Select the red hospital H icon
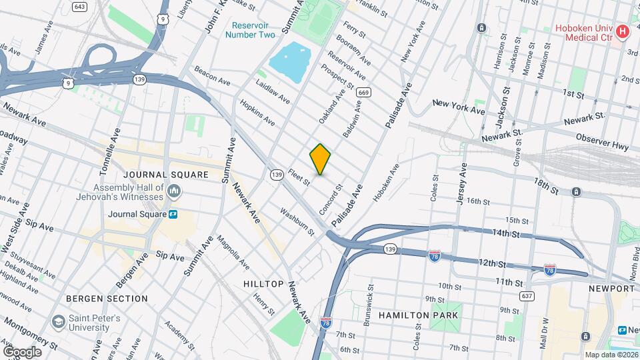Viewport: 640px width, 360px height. pos(621,32)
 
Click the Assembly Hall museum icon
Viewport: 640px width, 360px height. pos(174,193)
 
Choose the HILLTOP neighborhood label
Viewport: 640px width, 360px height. pos(263,284)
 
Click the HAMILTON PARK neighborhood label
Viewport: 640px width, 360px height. pos(418,315)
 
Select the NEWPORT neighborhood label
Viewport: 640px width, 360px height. pos(611,289)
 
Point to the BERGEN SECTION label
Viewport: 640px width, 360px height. pos(107,299)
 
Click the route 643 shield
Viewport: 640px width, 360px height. pos(79,7)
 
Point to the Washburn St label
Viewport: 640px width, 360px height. pos(297,223)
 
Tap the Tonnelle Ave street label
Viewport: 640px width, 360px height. pos(111,147)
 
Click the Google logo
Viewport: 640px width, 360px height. pos(22,351)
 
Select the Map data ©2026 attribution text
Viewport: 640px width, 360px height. pos(611,355)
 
